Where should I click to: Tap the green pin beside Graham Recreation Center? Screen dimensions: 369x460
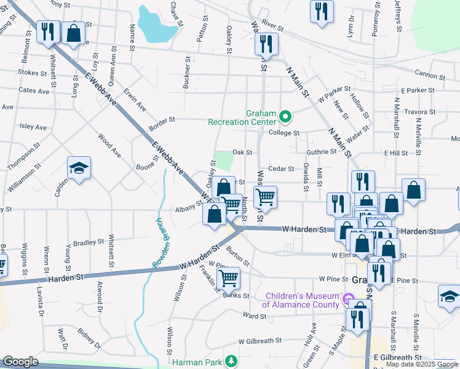[285, 116]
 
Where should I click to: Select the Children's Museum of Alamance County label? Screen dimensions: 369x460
[301, 300]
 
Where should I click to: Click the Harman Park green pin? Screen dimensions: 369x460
[231, 361]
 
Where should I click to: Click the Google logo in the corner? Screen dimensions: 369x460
[20, 362]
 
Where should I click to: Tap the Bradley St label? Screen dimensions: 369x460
[85, 243]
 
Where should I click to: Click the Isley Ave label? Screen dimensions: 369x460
[33, 127]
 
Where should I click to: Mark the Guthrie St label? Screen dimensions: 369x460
[322, 152]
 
